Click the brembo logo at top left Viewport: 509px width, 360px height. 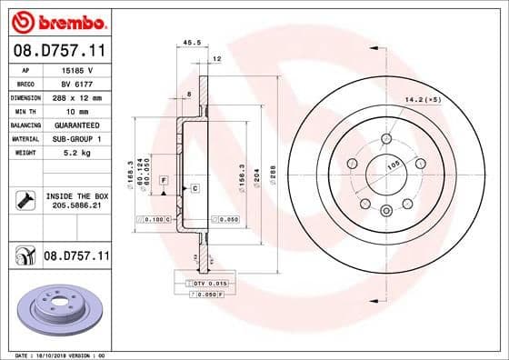click(57, 20)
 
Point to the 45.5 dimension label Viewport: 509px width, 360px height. click(192, 42)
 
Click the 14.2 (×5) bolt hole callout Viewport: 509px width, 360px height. click(423, 100)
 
